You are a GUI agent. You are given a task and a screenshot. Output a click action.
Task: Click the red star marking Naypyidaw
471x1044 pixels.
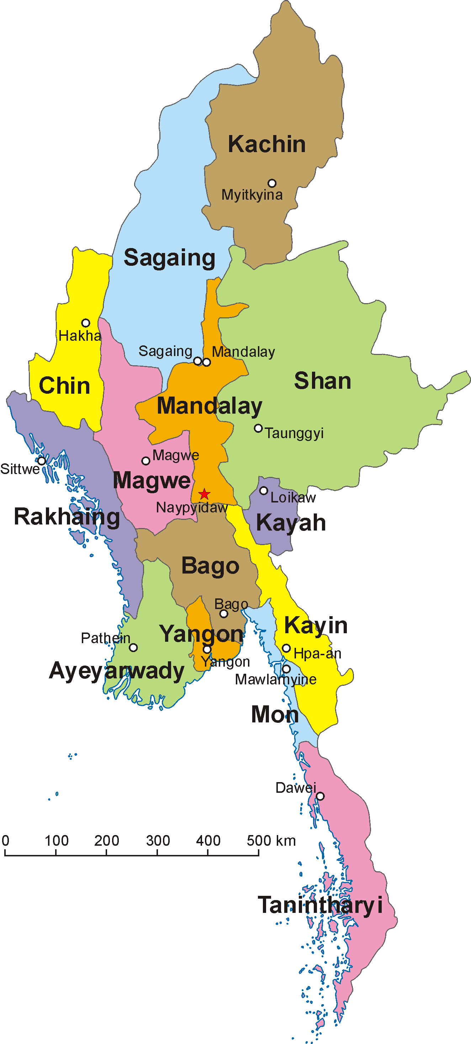(204, 494)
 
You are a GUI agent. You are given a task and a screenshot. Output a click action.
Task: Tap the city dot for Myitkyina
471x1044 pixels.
(272, 183)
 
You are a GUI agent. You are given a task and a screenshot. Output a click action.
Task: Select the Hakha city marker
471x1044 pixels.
(86, 323)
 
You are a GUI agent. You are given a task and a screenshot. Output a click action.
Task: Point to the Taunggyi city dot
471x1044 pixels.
(258, 428)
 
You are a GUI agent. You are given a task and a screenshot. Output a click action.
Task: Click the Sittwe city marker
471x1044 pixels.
(41, 461)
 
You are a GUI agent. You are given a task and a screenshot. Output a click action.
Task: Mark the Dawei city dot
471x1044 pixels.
(320, 796)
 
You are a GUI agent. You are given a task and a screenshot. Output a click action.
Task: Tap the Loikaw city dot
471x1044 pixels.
(263, 491)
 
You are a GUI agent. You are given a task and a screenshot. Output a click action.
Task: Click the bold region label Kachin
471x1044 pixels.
(266, 144)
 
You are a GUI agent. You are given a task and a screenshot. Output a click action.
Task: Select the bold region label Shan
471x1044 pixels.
(323, 381)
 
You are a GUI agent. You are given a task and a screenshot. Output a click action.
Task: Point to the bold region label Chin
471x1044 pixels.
(64, 386)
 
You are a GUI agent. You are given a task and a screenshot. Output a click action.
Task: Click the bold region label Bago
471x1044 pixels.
(210, 566)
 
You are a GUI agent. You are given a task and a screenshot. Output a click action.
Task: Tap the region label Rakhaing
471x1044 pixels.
(67, 517)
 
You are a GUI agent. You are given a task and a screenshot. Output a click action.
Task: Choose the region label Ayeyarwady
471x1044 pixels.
(116, 671)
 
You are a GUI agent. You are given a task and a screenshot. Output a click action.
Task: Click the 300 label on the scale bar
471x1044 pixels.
(158, 841)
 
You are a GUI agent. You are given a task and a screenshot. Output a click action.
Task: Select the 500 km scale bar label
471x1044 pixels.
(271, 841)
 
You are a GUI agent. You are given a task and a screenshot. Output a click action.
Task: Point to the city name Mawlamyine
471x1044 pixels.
(275, 680)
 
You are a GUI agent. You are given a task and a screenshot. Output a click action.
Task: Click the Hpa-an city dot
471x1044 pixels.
(286, 648)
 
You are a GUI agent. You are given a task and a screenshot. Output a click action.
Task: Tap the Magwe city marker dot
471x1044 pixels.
(145, 461)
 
